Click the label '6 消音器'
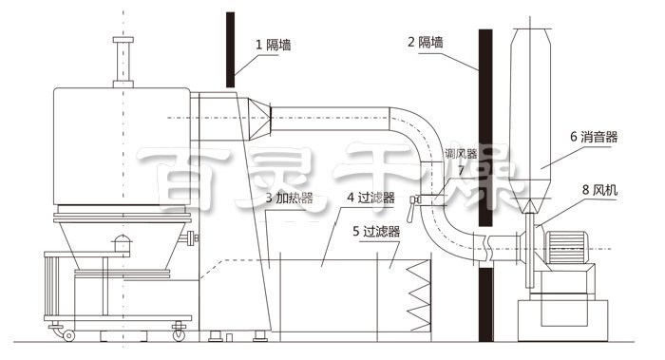point(595,137)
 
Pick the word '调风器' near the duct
point(461,154)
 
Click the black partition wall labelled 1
point(230,47)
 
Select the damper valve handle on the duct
point(415,200)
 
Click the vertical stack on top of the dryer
point(121,62)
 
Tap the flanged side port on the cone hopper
point(193,236)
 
